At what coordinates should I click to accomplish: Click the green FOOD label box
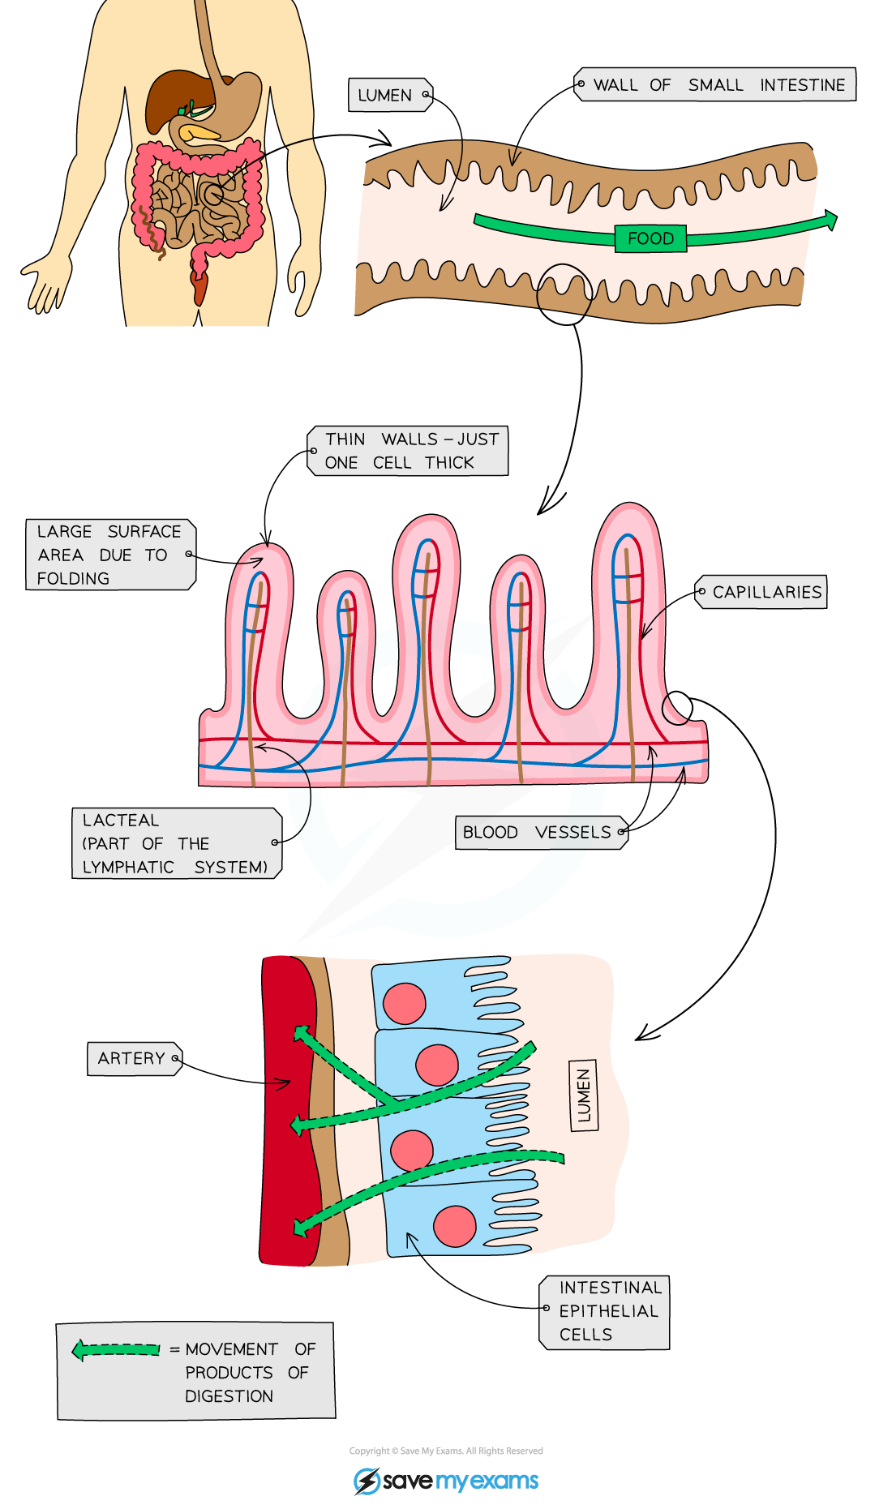[650, 238]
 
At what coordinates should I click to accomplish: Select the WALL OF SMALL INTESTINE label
[717, 84]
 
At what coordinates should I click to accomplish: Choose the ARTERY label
[133, 1058]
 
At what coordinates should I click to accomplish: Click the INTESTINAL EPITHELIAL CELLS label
[606, 1311]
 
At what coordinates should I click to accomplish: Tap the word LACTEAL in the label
[121, 821]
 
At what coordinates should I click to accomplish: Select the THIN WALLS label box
[408, 451]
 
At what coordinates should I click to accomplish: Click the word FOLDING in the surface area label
[73, 578]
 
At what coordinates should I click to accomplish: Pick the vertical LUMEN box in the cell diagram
[584, 1095]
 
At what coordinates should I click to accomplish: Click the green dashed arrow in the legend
[115, 1349]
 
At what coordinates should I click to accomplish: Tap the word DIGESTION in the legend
[229, 1396]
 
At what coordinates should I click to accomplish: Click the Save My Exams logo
[446, 1481]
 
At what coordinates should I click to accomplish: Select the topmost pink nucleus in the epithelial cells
[404, 1003]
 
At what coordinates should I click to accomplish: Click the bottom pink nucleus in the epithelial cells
[454, 1226]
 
